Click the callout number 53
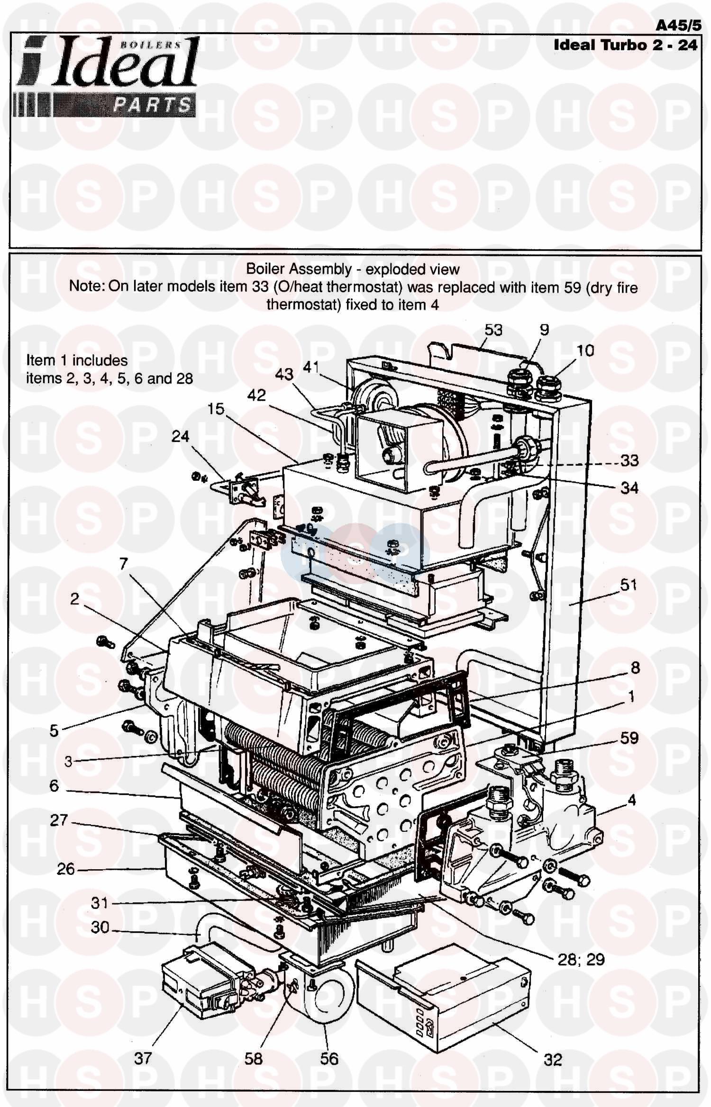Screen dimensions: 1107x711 pyautogui.click(x=493, y=330)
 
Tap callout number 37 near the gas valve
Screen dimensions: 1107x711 pyautogui.click(x=143, y=1058)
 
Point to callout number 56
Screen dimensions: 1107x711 pyautogui.click(x=329, y=1058)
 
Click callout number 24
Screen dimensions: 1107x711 pyautogui.click(x=180, y=436)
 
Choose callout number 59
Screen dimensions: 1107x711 pyautogui.click(x=629, y=738)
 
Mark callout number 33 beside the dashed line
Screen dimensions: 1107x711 pyautogui.click(x=629, y=460)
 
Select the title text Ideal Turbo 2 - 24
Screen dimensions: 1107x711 pyautogui.click(x=626, y=45)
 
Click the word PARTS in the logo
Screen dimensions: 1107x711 pyautogui.click(x=152, y=105)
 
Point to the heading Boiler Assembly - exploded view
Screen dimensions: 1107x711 pyautogui.click(x=353, y=269)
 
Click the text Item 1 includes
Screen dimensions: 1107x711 pyautogui.click(x=77, y=360)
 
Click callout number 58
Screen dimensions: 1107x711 pyautogui.click(x=254, y=1058)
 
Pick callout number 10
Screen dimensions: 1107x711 pyautogui.click(x=585, y=351)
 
